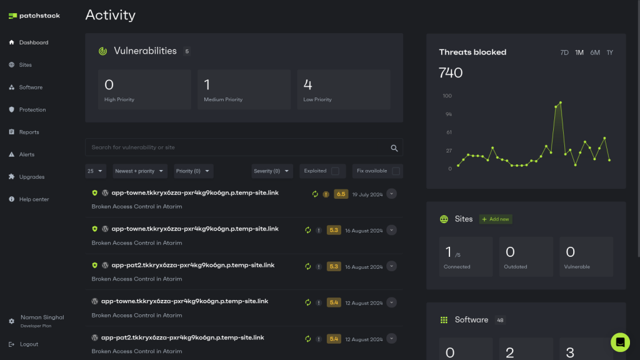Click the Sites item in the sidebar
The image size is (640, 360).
coord(25,65)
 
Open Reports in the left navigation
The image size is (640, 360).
coord(29,132)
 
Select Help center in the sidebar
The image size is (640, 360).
coord(34,199)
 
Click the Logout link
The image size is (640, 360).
coord(28,344)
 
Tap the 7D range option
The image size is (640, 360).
coord(564,52)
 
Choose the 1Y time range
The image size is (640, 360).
coord(609,52)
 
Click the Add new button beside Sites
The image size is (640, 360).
coord(496,219)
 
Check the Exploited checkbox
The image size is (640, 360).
coord(335,171)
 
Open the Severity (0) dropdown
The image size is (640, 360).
coord(272,171)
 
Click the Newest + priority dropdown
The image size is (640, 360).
coord(140,171)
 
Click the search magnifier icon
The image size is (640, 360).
coord(394,148)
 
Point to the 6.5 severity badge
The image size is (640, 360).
coord(341,194)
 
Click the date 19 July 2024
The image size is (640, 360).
coord(367,194)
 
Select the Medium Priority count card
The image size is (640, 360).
coord(244,89)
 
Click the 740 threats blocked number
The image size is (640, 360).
coord(451,73)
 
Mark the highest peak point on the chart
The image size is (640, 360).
coord(561,102)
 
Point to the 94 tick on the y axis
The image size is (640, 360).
coord(448,114)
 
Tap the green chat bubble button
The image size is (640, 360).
coord(620,342)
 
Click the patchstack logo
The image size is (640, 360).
coord(34,16)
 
